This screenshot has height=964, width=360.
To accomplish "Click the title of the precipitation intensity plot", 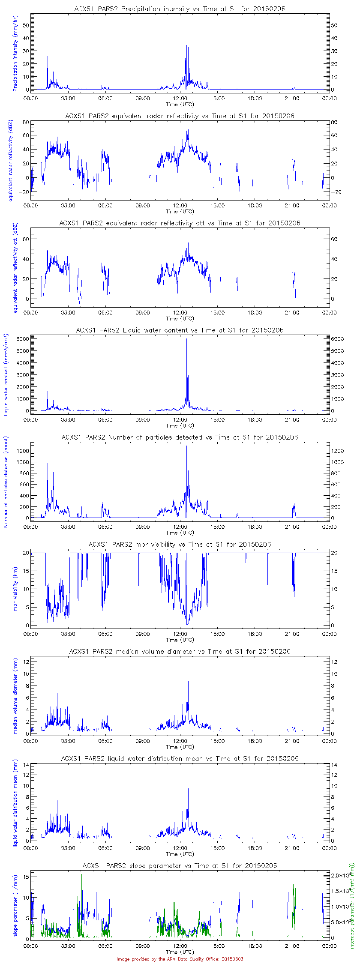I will (x=180, y=9).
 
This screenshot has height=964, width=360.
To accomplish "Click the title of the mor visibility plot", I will (x=180, y=544).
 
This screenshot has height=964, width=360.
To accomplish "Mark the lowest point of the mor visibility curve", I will (x=187, y=624).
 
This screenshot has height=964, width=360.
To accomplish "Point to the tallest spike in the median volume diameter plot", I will (x=188, y=661).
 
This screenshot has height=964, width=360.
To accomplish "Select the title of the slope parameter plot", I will (x=180, y=865).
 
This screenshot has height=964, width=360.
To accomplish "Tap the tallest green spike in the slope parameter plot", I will (x=81, y=875).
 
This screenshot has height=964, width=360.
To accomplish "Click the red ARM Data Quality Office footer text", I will (x=180, y=959).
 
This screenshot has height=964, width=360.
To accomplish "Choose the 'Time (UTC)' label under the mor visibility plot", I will (x=180, y=640).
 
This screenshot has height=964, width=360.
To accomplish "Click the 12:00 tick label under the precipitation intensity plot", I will (x=180, y=98).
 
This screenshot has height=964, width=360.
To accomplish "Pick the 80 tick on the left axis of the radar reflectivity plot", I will (x=25, y=122).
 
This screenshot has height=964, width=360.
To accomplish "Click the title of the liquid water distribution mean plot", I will (x=180, y=758).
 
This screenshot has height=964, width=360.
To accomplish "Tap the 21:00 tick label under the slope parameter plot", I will (x=292, y=946).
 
